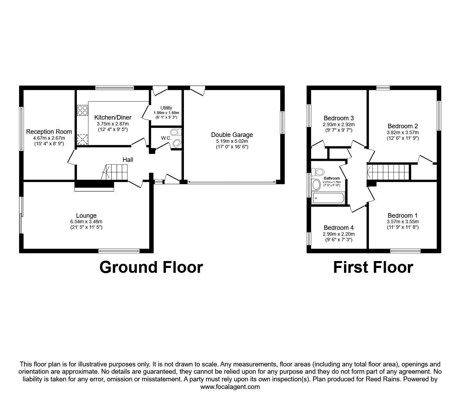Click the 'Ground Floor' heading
click(151, 267)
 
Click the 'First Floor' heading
click(373, 267)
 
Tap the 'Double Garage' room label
click(232, 135)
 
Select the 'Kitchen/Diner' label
click(113, 118)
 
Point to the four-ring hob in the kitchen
click(82, 110)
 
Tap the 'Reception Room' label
click(49, 132)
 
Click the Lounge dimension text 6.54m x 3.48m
click(86, 222)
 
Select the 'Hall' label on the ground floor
click(128, 160)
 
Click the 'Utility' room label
click(166, 108)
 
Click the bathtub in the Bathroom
click(328, 198)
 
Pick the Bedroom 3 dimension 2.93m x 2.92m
click(339, 124)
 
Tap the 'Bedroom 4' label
click(338, 228)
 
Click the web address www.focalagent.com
click(230, 387)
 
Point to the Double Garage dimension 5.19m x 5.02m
click(232, 141)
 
